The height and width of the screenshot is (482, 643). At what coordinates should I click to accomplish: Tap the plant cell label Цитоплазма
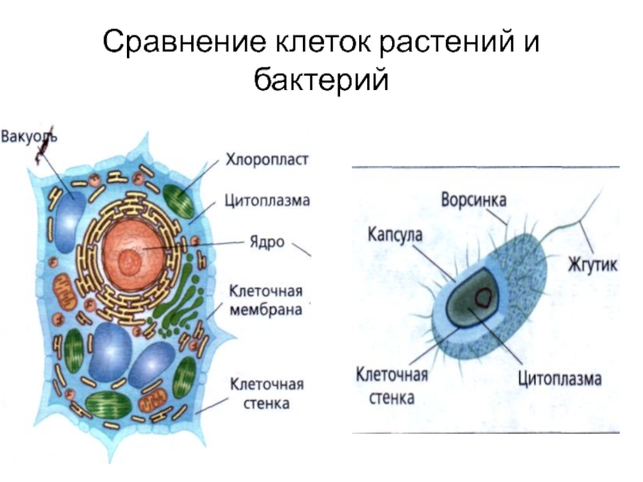click(x=268, y=201)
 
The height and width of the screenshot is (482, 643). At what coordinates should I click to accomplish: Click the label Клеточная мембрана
click(x=266, y=299)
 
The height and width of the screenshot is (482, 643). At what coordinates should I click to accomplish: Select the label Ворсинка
click(x=478, y=197)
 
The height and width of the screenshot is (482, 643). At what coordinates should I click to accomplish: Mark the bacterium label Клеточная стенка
click(x=392, y=386)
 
